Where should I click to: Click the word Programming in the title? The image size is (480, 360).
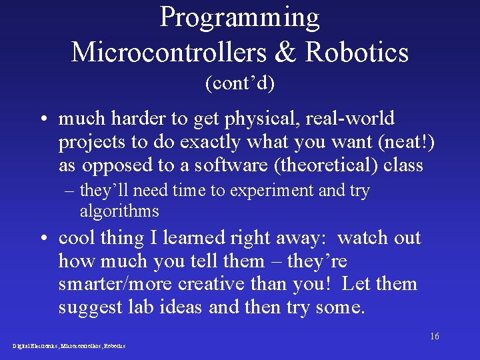239,18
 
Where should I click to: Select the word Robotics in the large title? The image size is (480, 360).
357,52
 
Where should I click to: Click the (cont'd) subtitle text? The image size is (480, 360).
239,84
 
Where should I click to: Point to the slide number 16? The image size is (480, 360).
434,336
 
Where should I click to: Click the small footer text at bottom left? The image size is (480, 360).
69,346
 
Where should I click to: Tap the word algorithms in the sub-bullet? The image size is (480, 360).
119,211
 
